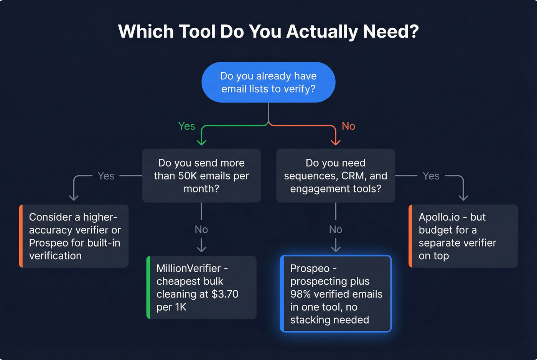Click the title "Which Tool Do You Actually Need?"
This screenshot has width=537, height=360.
268,31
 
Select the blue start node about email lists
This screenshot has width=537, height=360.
268,82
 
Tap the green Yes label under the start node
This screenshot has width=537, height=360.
187,126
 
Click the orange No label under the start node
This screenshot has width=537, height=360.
348,126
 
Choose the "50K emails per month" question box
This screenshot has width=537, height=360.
201,176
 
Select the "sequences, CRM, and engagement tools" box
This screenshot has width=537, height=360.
336,176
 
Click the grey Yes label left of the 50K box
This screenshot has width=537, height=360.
106,176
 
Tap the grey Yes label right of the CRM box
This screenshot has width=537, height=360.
431,176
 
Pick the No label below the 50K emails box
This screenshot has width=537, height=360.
201,229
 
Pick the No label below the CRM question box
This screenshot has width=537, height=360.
336,229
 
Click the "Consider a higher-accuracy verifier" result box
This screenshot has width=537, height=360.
74,236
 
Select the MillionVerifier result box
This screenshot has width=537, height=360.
202,287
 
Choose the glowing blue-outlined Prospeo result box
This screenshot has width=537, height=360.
336,294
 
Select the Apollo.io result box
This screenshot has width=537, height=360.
463,236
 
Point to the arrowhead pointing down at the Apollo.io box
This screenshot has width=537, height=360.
463,197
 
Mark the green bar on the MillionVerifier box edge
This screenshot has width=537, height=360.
148,287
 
